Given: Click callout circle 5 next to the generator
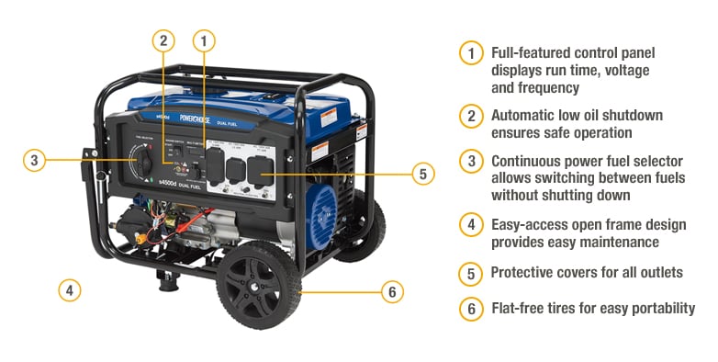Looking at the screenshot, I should click(x=422, y=174).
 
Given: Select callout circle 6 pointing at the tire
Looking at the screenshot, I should click(x=392, y=292).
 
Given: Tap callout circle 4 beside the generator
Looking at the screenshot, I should click(x=69, y=290).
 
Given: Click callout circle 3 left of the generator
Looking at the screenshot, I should click(x=34, y=160).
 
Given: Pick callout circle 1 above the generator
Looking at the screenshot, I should click(x=204, y=40).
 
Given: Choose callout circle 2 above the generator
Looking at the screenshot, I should click(x=163, y=40).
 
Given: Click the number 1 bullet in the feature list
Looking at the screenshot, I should click(x=471, y=53).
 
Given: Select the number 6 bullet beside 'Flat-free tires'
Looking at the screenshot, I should click(x=471, y=309).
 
